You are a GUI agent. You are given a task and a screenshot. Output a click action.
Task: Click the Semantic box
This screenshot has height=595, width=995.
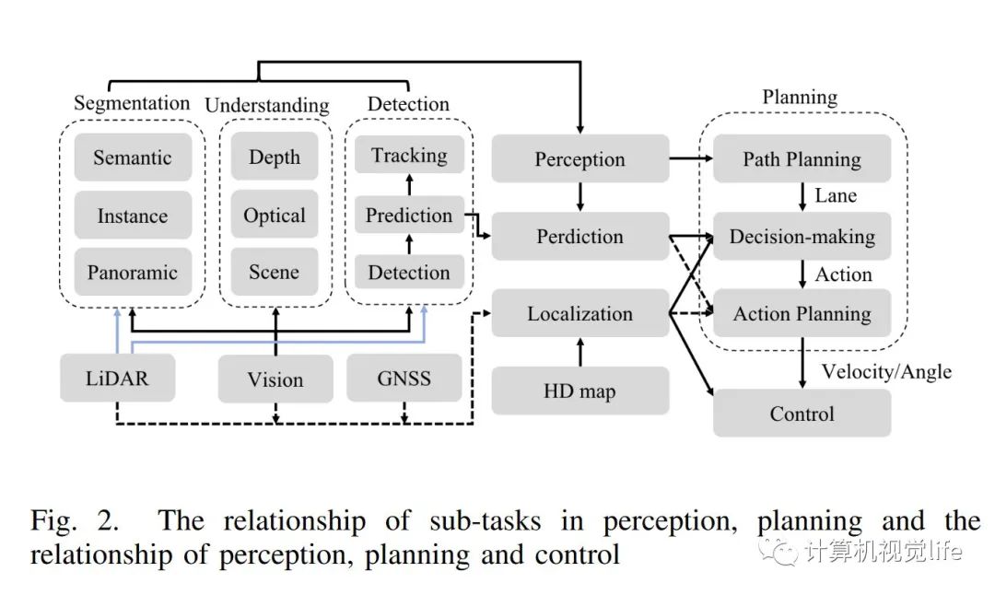tap(132, 157)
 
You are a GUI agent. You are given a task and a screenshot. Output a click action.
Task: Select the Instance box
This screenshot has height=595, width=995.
tap(132, 216)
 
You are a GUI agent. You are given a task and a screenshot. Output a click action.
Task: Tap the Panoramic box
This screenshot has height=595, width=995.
tap(132, 273)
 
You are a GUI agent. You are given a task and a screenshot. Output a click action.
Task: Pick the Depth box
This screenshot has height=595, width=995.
tap(275, 157)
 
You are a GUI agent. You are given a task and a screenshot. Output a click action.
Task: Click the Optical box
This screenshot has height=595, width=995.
tap(275, 216)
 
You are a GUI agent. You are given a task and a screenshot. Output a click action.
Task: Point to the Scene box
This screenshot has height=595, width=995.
tap(275, 273)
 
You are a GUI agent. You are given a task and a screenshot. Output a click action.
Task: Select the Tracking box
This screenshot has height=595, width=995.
tap(409, 155)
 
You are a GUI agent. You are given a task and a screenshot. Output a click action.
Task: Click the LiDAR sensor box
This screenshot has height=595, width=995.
tap(117, 378)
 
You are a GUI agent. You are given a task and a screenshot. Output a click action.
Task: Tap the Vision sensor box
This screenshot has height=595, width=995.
tap(275, 379)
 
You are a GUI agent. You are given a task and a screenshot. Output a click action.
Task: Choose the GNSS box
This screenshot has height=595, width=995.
tap(404, 378)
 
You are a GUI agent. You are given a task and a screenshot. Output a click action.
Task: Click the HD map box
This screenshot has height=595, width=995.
tap(579, 391)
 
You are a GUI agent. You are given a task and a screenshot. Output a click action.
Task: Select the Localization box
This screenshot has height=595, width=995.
tap(579, 313)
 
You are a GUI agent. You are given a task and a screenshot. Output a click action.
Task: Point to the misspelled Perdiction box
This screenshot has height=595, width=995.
tap(579, 237)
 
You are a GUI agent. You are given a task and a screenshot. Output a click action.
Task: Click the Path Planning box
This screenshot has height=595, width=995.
tap(802, 159)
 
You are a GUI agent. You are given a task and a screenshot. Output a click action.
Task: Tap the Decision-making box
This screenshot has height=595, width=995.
tap(802, 237)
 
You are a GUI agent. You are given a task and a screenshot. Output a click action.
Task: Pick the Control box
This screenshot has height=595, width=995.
tap(802, 414)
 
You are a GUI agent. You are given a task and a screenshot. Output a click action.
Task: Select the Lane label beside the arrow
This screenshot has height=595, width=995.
tap(836, 195)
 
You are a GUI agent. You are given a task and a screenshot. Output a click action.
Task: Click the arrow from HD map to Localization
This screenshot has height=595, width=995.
tap(579, 353)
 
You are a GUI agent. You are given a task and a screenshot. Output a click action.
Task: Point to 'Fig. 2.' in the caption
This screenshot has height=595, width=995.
tap(75, 521)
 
